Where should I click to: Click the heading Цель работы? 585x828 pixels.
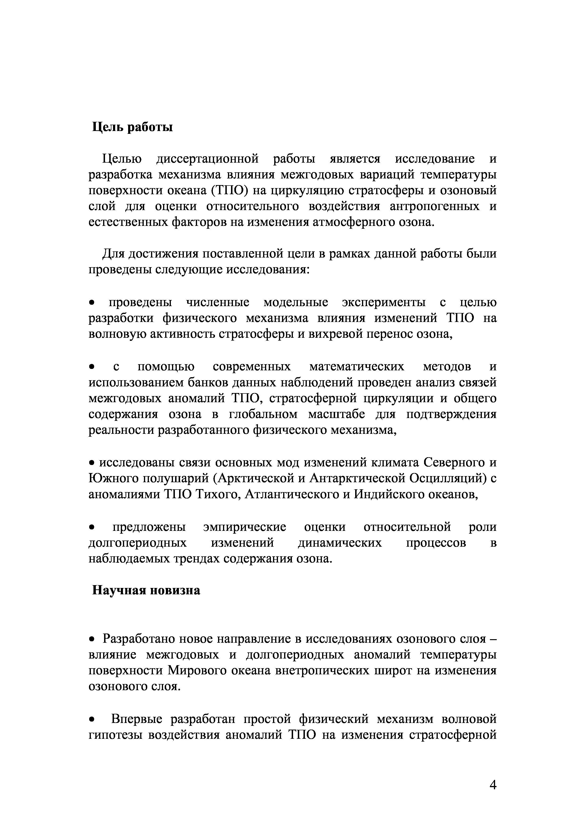(132, 127)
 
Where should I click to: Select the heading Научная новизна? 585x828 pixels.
(146, 590)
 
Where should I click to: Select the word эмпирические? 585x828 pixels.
(245, 527)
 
